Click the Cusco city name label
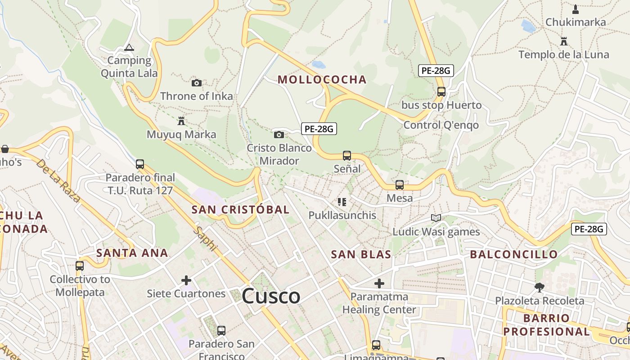(x=271, y=296)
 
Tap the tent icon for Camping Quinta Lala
(x=129, y=47)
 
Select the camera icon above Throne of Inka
(x=197, y=83)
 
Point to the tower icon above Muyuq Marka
(x=181, y=121)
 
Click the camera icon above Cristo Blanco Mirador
(x=279, y=135)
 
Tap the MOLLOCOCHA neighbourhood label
(x=322, y=80)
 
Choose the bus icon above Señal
(x=346, y=156)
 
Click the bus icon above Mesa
(x=399, y=185)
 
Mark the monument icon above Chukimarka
(x=575, y=9)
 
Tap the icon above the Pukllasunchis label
(x=342, y=202)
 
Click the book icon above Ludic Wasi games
(x=436, y=218)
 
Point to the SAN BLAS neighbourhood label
(x=361, y=254)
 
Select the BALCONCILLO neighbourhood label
(x=514, y=254)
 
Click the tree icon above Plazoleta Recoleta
(x=539, y=287)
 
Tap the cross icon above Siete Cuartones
(x=186, y=281)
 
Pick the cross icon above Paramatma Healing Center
(x=379, y=283)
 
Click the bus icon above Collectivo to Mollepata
(x=80, y=266)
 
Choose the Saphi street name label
(x=206, y=238)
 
